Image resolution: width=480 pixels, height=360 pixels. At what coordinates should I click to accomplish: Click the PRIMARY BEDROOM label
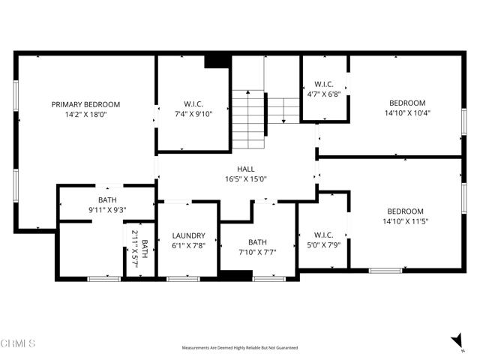pyautogui.click(x=85, y=104)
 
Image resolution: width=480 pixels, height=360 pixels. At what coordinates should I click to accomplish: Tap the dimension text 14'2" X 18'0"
pyautogui.click(x=85, y=115)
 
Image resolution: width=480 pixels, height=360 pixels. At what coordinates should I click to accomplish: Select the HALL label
pyautogui.click(x=246, y=169)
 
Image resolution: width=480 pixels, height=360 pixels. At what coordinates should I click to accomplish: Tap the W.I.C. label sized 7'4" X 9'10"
pyautogui.click(x=193, y=104)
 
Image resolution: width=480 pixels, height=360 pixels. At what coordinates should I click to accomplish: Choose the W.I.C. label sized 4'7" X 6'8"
pyautogui.click(x=324, y=85)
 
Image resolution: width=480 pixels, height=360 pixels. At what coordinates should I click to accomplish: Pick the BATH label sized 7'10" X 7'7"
pyautogui.click(x=257, y=242)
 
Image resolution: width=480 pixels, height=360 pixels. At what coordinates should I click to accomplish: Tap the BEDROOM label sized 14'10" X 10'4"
pyautogui.click(x=406, y=103)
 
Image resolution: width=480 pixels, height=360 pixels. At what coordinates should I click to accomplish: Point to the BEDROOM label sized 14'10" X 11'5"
pyautogui.click(x=405, y=211)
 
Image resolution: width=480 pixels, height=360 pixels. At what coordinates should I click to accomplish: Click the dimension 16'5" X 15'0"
pyautogui.click(x=246, y=179)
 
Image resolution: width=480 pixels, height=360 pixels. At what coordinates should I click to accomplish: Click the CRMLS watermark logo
pyautogui.click(x=18, y=343)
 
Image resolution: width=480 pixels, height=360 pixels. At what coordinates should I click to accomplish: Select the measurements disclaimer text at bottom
pyautogui.click(x=239, y=348)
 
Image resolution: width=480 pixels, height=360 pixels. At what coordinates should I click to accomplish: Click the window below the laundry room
pyautogui.click(x=178, y=279)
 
